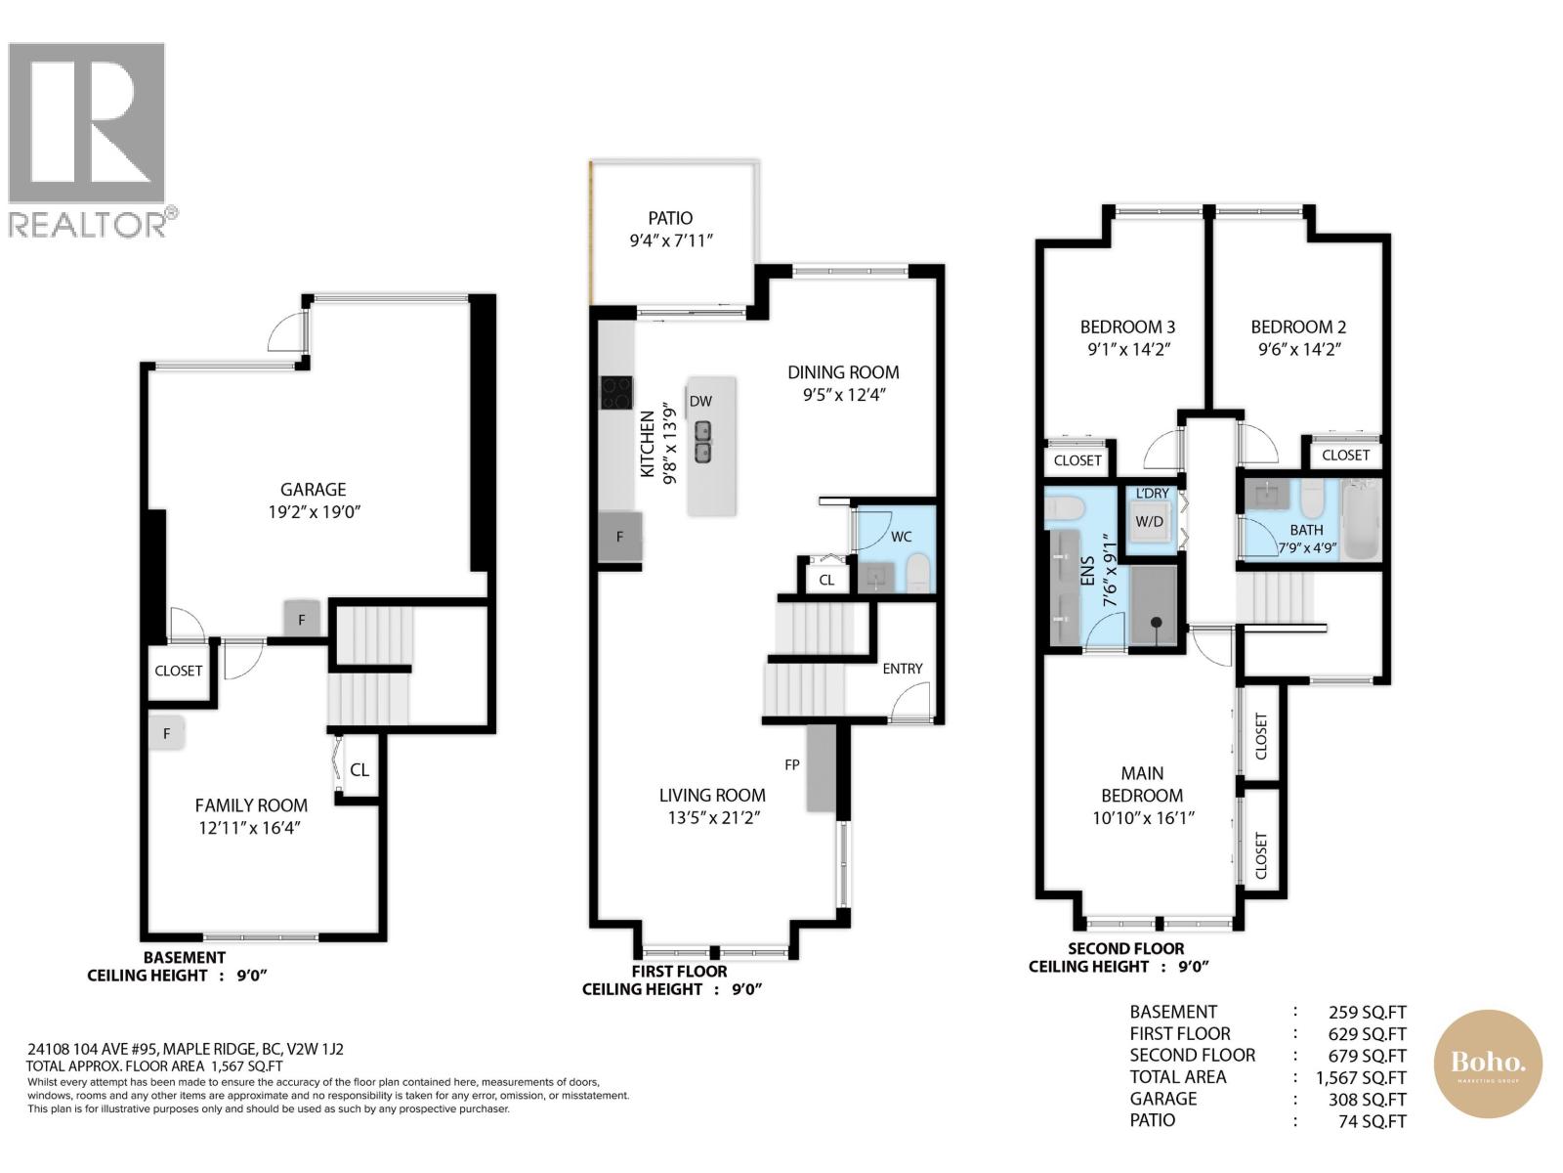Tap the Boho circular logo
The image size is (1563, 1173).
tap(1487, 1064)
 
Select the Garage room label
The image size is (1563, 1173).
tap(313, 490)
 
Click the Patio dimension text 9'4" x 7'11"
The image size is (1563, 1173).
tap(670, 240)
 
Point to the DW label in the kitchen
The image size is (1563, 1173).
tap(700, 401)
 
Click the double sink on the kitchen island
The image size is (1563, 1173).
tap(703, 442)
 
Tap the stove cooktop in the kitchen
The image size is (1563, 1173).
tap(616, 393)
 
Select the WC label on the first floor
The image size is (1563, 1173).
tap(901, 537)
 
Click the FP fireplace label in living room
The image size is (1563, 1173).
tap(792, 764)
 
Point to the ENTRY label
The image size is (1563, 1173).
tap(902, 669)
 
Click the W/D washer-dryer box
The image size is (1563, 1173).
tap(1149, 522)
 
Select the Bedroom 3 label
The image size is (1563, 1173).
tap(1126, 327)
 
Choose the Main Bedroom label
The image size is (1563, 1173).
tap(1142, 784)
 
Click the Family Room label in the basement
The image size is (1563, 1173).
tap(251, 805)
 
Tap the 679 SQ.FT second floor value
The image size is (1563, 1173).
tap(1367, 1056)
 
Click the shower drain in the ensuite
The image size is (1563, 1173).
tap(1156, 623)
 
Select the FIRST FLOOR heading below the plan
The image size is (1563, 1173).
tap(679, 972)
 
